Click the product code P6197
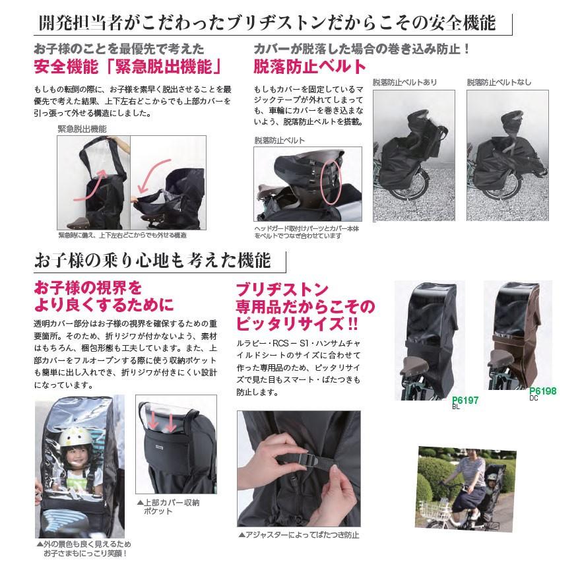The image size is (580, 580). (466, 400)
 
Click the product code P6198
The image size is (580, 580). (543, 391)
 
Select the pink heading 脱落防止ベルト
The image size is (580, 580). (309, 67)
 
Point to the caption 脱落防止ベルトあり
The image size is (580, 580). (404, 82)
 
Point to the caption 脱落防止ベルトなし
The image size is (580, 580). (499, 82)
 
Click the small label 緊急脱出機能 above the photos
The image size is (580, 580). (82, 129)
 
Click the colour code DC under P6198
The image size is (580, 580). (534, 399)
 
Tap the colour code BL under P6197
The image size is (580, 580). (456, 408)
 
